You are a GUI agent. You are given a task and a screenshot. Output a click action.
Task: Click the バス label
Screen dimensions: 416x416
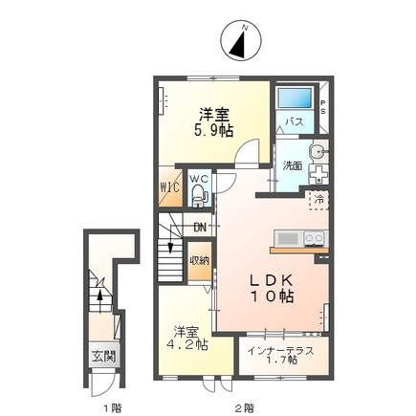pos(294,123)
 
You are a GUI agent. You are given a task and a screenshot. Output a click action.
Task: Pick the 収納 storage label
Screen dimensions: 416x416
pos(199,259)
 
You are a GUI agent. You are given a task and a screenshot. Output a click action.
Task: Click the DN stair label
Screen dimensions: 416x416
pos(199,227)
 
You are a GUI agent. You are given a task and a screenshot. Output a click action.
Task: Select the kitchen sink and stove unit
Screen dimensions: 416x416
pos(298,238)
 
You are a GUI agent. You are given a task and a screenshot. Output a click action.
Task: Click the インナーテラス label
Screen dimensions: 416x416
pos(284,350)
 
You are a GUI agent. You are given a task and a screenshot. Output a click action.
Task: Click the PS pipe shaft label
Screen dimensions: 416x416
pos(322,108)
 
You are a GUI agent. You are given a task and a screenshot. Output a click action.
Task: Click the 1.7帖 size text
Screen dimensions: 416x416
pos(284,362)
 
